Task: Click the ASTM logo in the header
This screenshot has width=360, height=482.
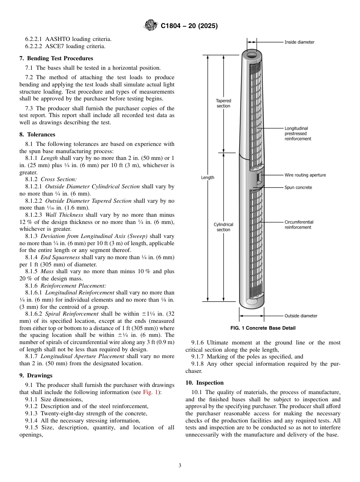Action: (x=151, y=26)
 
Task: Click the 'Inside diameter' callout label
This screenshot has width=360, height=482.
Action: (x=299, y=42)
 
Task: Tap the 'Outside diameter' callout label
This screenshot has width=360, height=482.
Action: (x=301, y=316)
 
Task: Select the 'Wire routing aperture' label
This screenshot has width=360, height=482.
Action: (x=305, y=175)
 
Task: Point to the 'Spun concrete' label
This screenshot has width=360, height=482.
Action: (x=298, y=188)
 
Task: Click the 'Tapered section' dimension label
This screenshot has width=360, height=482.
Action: (x=223, y=103)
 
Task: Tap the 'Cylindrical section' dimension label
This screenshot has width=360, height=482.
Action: (x=223, y=227)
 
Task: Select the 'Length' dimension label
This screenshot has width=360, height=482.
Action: (x=207, y=177)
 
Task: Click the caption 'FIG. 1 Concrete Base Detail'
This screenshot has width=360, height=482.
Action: (x=263, y=328)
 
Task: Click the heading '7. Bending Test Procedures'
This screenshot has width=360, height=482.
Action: (x=56, y=58)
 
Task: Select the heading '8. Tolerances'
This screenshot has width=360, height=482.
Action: (x=37, y=135)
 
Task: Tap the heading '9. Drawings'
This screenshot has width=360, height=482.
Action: (x=36, y=376)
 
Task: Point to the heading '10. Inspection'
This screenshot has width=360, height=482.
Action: (x=205, y=383)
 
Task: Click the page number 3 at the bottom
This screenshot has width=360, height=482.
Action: (x=180, y=466)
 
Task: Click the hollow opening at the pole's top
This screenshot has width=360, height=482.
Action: (x=252, y=55)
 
